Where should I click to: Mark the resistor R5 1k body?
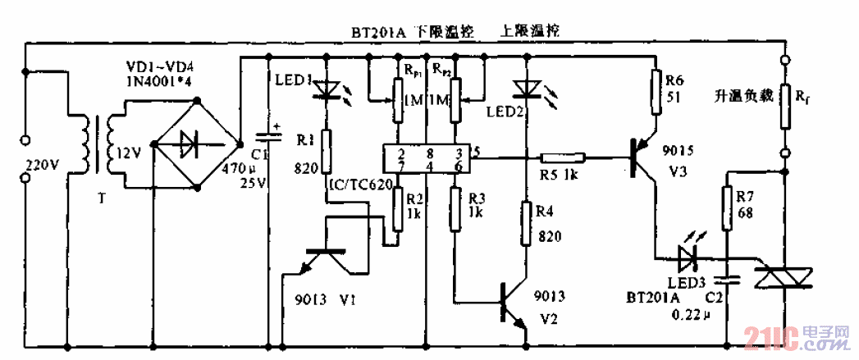[x=562, y=158]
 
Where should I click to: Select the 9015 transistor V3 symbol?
[x=643, y=158]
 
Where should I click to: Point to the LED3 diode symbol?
[x=688, y=260]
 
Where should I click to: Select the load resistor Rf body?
[x=784, y=107]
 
